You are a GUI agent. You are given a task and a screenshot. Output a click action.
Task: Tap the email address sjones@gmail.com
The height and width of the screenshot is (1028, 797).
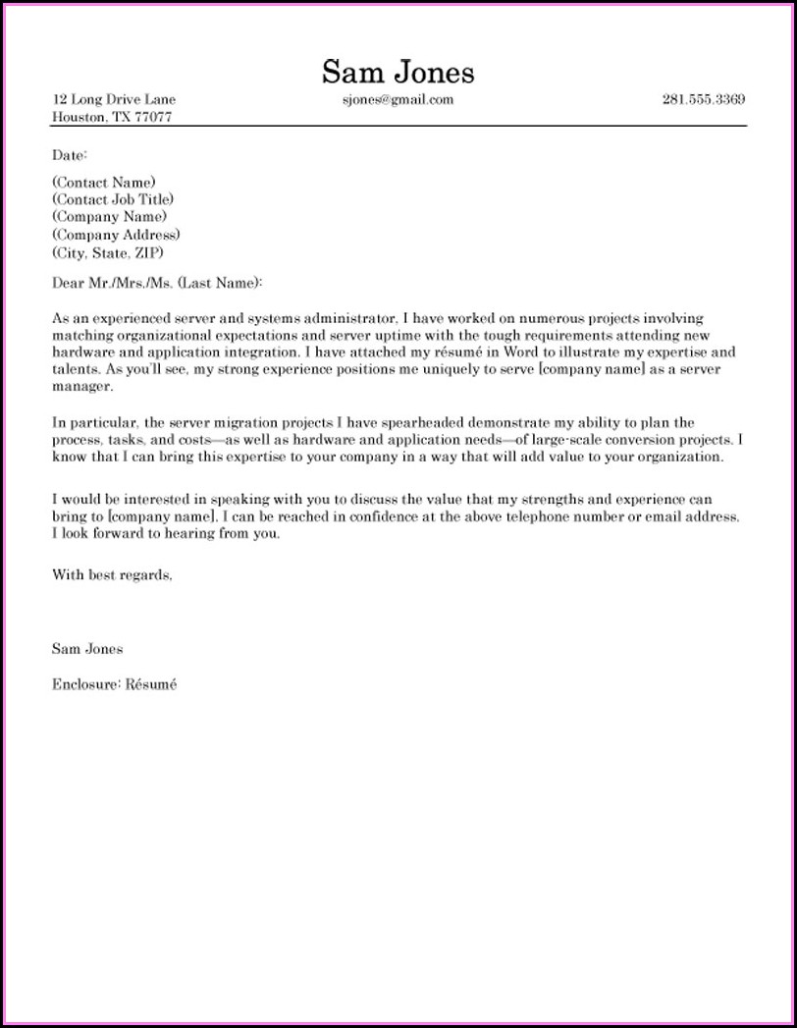[398, 100]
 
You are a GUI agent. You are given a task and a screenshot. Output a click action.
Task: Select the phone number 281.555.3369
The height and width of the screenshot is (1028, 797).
[703, 100]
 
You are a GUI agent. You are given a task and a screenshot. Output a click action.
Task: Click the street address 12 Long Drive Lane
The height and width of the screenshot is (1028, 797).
[114, 100]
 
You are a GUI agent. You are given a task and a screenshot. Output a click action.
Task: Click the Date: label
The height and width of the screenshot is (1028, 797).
[70, 155]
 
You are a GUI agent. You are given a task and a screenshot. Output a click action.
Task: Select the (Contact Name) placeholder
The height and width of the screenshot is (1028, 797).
[103, 182]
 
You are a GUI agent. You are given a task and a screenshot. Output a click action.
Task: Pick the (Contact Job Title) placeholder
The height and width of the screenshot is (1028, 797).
[113, 199]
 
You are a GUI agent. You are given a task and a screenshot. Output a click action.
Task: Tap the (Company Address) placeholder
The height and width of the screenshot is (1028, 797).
[116, 235]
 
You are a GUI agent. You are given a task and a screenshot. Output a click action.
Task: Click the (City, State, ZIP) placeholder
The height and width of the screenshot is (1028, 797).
[108, 252]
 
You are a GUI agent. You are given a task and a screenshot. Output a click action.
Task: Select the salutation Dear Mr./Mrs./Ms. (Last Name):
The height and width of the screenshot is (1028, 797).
[158, 283]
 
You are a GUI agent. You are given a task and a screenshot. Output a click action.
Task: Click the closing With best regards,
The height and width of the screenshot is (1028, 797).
[112, 576]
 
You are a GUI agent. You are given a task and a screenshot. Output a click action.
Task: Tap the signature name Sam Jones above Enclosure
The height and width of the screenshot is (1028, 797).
[87, 649]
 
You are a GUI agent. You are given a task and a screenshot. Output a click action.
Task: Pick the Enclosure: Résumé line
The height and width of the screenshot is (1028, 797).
[114, 684]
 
